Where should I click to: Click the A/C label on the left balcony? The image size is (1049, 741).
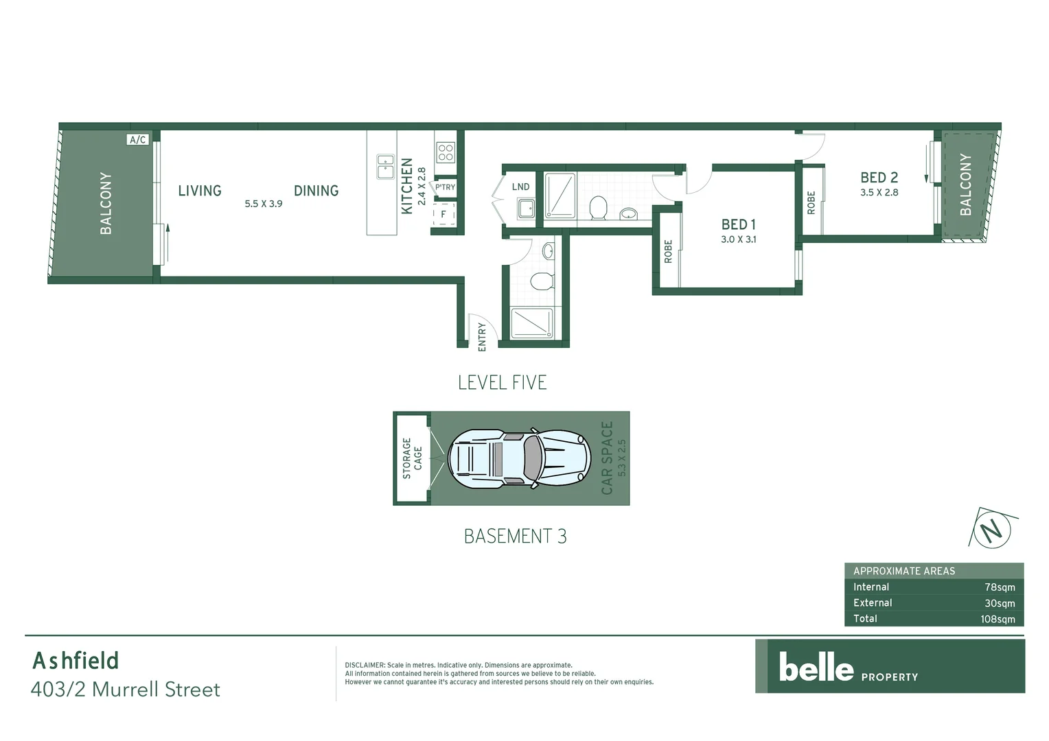coord(137,140)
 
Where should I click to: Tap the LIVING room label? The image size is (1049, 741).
coord(200,191)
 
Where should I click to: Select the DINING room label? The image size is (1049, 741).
coord(316,191)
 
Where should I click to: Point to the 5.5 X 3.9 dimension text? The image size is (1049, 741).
coord(264,204)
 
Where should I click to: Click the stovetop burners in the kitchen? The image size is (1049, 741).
coord(445,152)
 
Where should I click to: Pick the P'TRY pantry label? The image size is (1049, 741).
coord(445,187)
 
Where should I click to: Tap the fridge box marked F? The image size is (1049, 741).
coord(443,214)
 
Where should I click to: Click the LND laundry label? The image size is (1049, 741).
coord(520,187)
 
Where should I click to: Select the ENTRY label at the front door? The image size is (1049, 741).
coord(482,337)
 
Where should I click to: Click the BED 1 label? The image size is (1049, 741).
coord(738,224)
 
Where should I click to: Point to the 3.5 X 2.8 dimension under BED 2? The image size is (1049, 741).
coord(879,193)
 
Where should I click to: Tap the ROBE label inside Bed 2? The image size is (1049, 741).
coord(811,202)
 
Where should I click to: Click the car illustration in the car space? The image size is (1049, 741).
coord(519,459)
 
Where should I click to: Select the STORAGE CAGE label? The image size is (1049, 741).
coord(412,458)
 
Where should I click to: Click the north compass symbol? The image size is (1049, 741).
coord(991,530)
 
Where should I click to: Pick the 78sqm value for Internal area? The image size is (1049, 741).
coord(1000,587)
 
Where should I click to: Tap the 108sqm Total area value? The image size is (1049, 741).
coord(998,619)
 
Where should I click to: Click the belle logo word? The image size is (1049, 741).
coord(816,668)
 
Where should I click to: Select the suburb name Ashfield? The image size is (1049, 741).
coord(76,661)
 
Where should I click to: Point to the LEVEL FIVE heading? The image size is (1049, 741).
coord(502,383)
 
